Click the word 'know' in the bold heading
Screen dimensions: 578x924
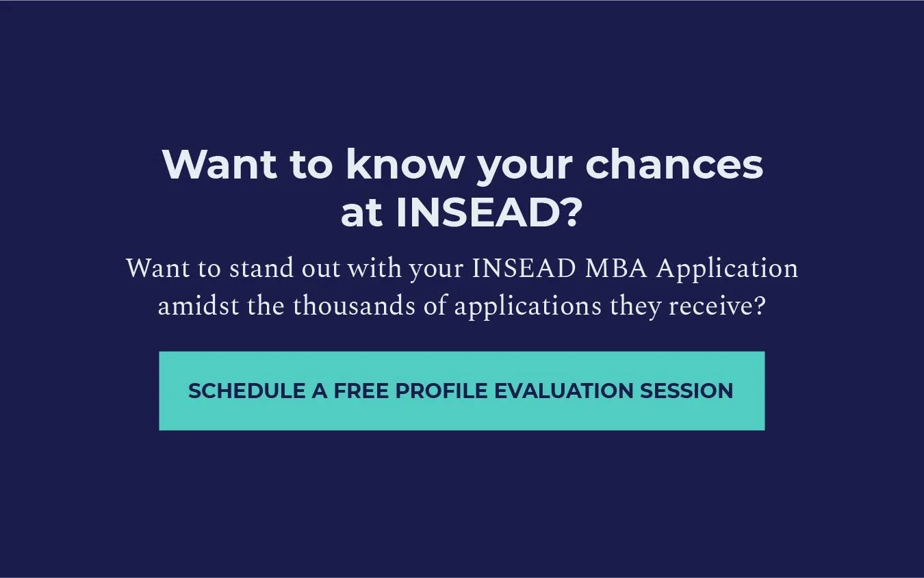tap(405, 165)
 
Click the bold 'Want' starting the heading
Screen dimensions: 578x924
tap(220, 165)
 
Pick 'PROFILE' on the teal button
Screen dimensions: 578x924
tap(441, 391)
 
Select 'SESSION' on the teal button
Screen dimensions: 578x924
tap(686, 391)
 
